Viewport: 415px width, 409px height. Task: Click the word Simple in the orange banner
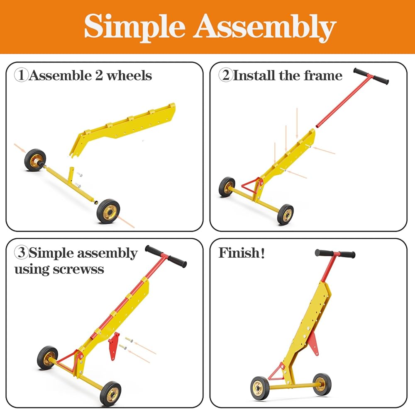tap(135, 27)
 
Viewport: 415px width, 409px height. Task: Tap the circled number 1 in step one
tap(21, 75)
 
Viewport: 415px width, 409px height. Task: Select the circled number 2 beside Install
tap(226, 75)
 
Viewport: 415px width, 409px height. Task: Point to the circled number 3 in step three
tap(21, 253)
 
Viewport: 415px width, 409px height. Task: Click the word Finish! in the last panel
tap(242, 253)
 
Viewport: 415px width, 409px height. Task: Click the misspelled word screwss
tap(79, 269)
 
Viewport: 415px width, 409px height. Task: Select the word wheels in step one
tap(128, 75)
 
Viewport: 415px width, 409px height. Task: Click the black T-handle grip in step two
tap(371, 77)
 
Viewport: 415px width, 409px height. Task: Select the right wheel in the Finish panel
tap(322, 384)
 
